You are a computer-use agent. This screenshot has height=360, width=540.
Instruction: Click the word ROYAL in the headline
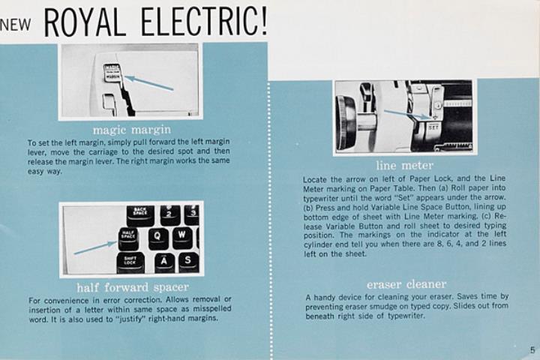pos(85,22)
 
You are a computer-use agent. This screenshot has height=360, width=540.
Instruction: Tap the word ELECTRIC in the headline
pos(204,22)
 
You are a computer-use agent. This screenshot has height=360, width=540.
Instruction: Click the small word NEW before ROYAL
pos(16,25)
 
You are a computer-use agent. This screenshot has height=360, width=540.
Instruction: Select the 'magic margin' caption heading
pos(132,130)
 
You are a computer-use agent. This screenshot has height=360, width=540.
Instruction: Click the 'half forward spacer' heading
pos(133,287)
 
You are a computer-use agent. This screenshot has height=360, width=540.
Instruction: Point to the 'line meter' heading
pos(405,165)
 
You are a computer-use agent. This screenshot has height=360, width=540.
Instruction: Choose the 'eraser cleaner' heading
pos(406,284)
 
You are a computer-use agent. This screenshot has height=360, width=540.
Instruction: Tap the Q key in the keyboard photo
pos(158,238)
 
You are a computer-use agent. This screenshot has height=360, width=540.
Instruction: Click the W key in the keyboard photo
pos(182,237)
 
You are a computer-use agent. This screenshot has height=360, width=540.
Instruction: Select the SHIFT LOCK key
pos(130,262)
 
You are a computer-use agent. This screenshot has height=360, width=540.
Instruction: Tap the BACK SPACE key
pos(140,214)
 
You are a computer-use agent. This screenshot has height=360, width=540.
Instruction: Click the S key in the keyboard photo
pos(188,262)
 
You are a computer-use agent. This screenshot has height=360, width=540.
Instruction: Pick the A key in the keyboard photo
pos(164,263)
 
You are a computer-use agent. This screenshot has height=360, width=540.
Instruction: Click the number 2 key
pos(170,214)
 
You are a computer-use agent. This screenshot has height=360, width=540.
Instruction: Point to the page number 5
pos(532,350)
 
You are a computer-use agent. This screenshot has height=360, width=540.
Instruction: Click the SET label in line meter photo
pos(433,127)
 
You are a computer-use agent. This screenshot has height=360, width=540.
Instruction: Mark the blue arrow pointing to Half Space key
pos(96,248)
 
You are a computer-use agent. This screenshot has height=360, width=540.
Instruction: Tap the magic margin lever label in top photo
pos(112,72)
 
